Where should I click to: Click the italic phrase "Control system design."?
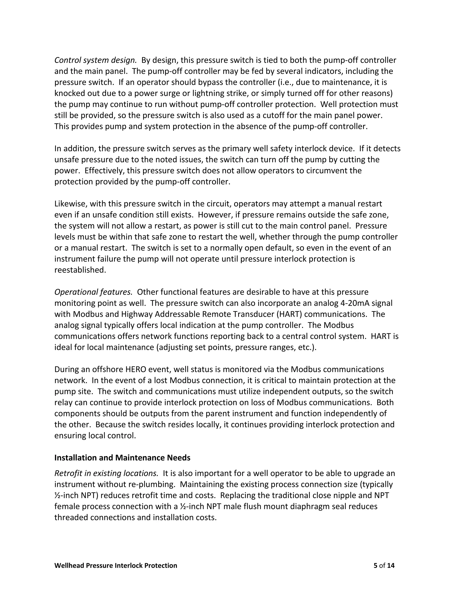coord(95,60)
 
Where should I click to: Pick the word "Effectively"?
coord(104,171)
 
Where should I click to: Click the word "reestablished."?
coord(80,270)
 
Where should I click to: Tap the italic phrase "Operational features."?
coord(93,292)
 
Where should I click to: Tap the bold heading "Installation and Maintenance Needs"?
coord(122,458)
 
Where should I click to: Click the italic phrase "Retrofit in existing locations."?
coord(106,473)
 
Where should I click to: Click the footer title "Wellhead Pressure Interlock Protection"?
coord(116,565)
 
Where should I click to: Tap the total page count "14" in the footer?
coord(391,565)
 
